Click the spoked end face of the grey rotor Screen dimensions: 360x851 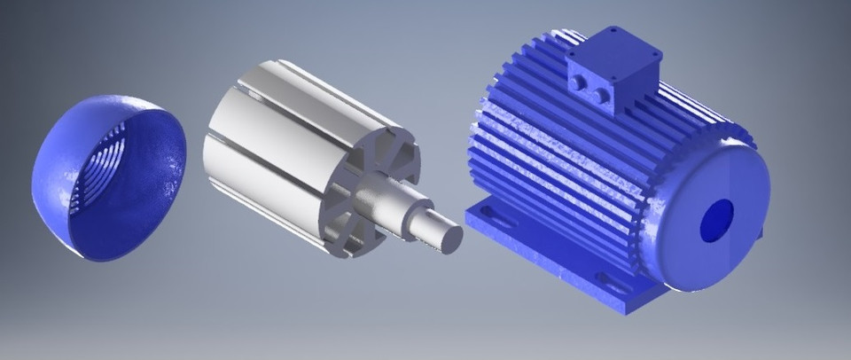pos(355,200)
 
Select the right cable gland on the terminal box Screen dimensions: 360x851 pos(602,94)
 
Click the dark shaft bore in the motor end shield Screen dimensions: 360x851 pos(717,220)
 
